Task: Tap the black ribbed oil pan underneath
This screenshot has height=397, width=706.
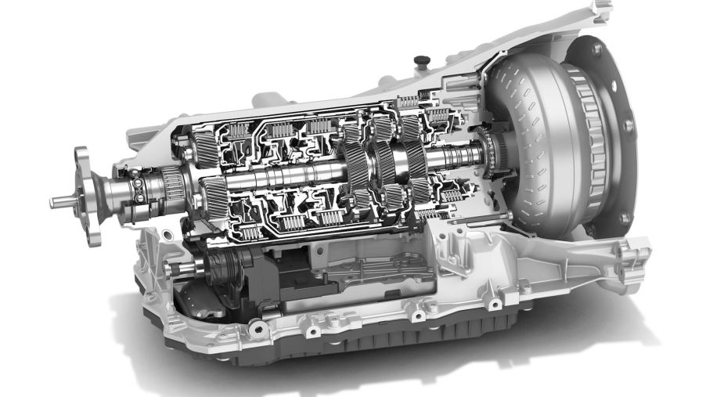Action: (391, 345)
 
